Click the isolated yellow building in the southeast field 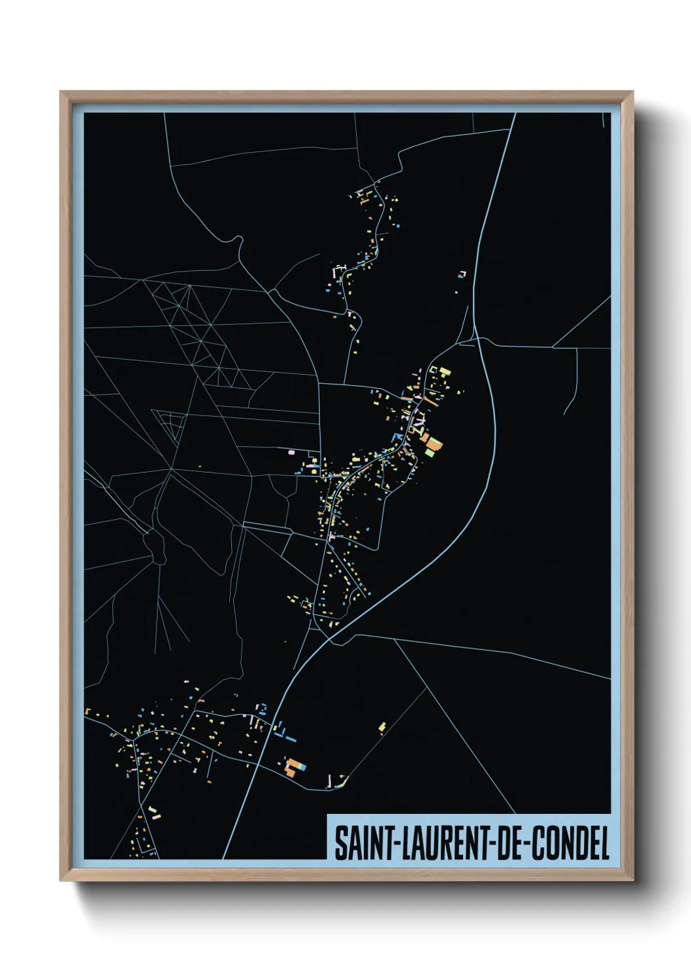382,726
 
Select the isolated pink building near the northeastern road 462,273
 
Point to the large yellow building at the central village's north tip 445,372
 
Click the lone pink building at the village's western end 291,452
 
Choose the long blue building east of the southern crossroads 287,738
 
